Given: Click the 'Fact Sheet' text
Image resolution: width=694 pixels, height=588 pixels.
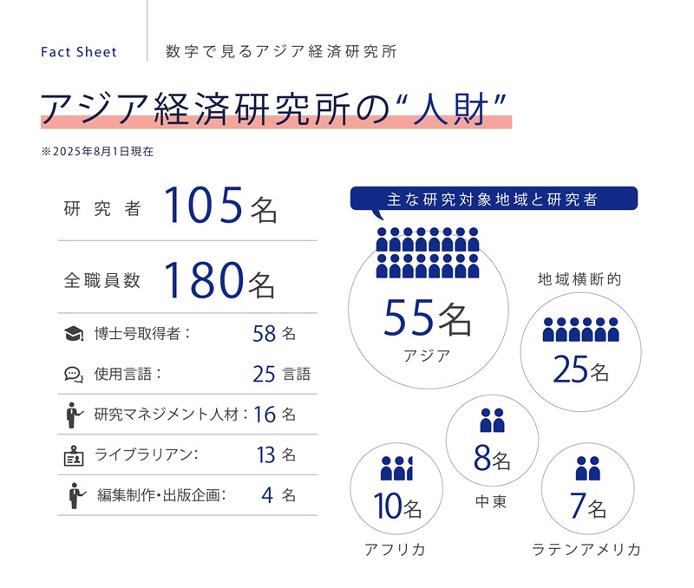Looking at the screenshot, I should coord(79,52).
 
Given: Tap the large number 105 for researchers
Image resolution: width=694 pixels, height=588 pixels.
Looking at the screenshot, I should coord(205,208).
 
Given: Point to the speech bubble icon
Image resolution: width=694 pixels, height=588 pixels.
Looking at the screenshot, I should coord(74,375).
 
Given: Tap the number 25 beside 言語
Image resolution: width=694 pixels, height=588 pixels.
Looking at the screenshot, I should coord(265,375).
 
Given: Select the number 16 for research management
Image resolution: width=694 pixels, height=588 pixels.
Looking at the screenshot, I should coord(265,415).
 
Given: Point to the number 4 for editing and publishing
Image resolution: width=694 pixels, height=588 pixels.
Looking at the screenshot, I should coord(266,495).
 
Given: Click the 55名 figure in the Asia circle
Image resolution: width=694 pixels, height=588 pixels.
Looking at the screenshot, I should coord(428,319).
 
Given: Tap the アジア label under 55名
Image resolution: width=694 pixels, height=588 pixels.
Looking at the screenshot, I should coord(427,356).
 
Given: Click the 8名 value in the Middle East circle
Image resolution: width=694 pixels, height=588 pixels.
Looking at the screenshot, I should coord(492,458).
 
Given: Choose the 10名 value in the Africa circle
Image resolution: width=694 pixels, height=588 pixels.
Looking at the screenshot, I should coord(397,506).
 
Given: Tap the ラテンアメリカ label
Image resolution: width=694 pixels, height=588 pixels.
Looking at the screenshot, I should coord(586,550).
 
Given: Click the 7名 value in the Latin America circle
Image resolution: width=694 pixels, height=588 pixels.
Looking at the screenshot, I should coord(587,506).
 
